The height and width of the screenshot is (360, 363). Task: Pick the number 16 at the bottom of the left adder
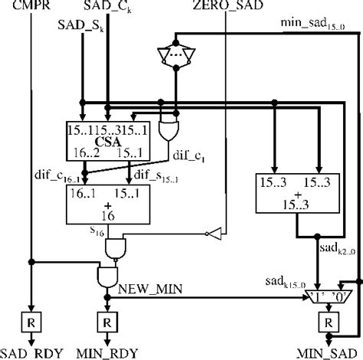(x=104, y=217)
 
